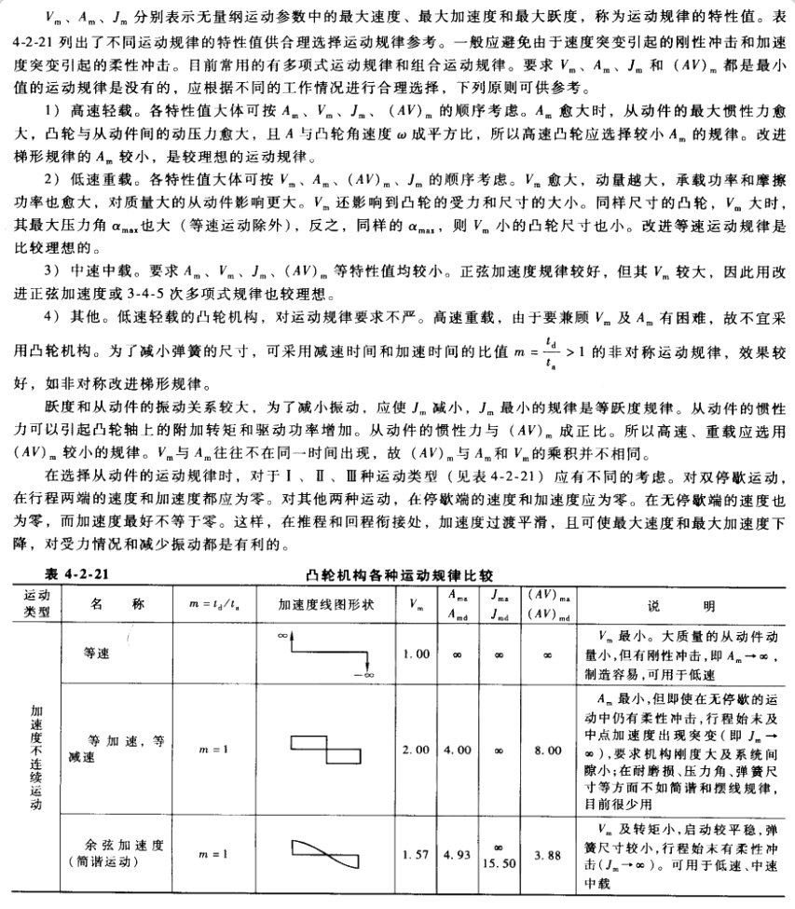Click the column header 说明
pos(696,604)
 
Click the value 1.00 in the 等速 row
pos(417,654)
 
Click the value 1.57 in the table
pos(417,854)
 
